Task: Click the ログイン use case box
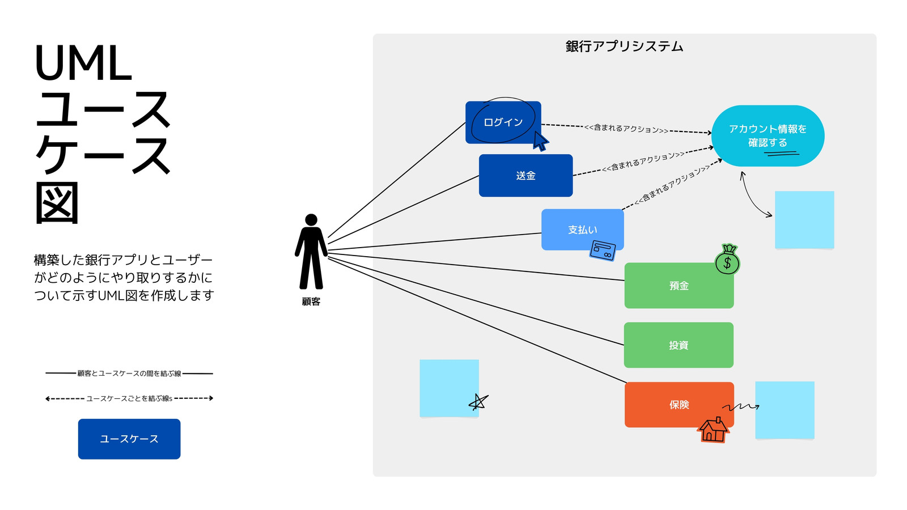click(503, 122)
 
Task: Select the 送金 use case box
click(525, 176)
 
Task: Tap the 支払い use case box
click(582, 229)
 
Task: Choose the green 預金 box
click(679, 286)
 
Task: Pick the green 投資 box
click(679, 345)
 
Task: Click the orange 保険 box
click(679, 405)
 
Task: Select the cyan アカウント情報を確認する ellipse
click(768, 136)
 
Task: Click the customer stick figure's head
click(311, 220)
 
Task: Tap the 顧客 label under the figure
click(311, 302)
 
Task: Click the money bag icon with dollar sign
click(728, 260)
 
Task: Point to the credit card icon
click(603, 250)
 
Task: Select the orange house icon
click(714, 430)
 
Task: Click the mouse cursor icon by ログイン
click(540, 141)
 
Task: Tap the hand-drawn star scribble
click(478, 402)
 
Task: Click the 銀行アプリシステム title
click(624, 46)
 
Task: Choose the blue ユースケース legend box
click(129, 439)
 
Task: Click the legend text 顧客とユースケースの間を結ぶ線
click(129, 373)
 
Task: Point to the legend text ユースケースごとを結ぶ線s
click(129, 399)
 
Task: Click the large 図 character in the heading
click(57, 203)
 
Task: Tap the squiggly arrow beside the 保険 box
click(741, 407)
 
